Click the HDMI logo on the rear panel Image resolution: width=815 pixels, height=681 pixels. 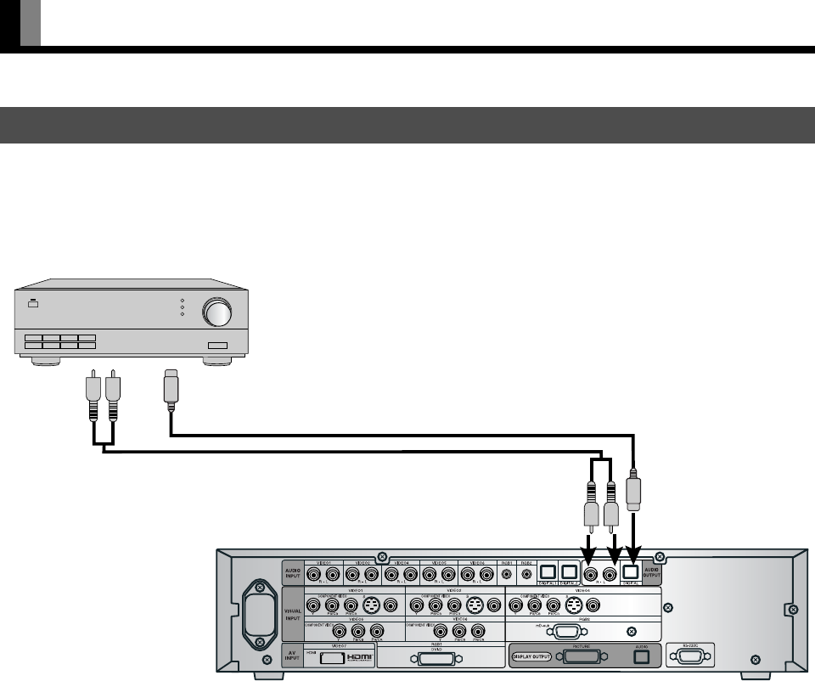[x=355, y=658]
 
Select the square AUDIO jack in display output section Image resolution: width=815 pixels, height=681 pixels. [x=642, y=656]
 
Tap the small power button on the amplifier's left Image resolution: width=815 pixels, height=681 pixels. [x=31, y=302]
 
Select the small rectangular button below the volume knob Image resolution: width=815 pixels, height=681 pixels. [x=218, y=346]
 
